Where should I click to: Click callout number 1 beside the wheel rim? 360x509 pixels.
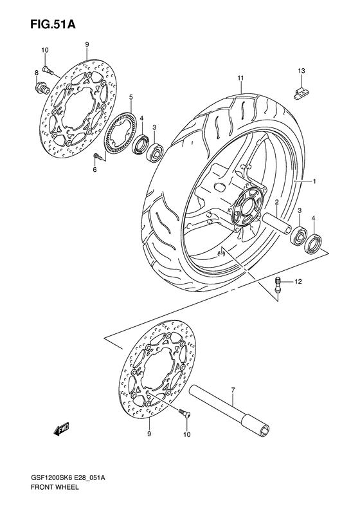[x=314, y=182]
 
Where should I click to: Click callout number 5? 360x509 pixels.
[x=130, y=97]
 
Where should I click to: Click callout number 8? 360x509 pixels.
[x=37, y=74]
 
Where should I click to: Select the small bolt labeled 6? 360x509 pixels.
[x=98, y=156]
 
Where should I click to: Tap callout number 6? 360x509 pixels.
[x=94, y=169]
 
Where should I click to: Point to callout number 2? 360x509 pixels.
[x=275, y=202]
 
